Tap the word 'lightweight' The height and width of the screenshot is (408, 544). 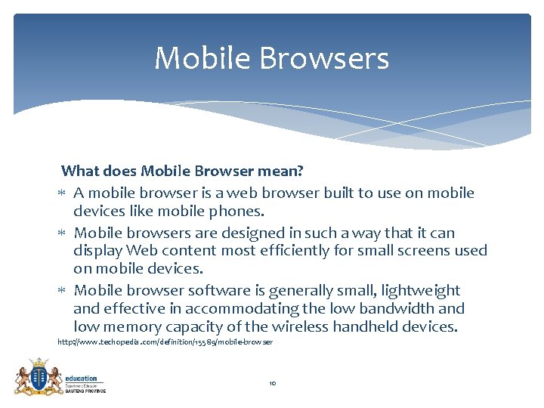421,290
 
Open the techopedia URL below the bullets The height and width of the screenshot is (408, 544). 165,343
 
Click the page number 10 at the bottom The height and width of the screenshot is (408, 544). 273,384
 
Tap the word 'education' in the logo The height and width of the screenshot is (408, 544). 81,378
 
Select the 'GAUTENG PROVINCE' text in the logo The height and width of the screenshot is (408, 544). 85,391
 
